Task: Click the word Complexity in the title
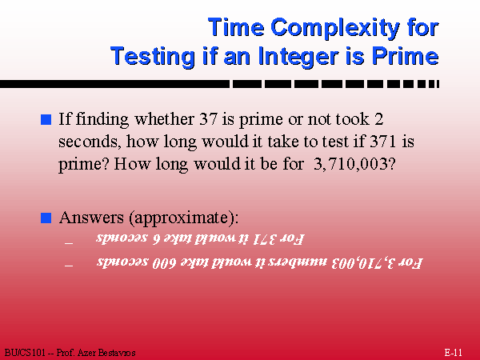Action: coord(335,28)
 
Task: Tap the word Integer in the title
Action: coord(298,56)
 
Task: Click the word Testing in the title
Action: coord(153,56)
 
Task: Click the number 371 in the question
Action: coord(383,142)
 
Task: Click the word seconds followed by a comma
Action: coord(89,142)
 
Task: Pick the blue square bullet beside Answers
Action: coord(46,218)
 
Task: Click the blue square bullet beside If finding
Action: coord(46,119)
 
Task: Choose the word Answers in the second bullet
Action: coord(91,218)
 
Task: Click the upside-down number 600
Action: coord(164,263)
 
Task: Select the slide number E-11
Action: coord(453,352)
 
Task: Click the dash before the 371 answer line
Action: coord(69,243)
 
